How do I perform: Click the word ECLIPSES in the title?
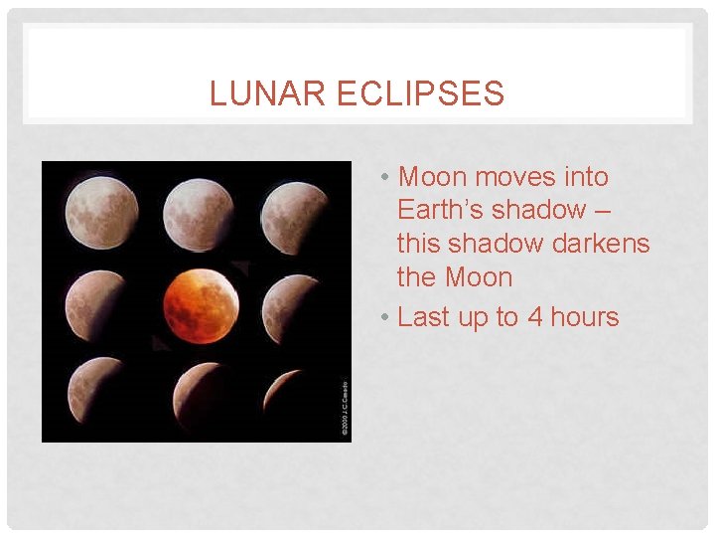421,94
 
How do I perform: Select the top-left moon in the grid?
101,212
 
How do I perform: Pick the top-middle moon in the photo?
199,212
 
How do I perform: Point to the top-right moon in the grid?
297,212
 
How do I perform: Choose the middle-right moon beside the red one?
297,305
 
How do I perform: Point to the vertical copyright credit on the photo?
345,409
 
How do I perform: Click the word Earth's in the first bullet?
441,210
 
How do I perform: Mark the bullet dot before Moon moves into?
383,178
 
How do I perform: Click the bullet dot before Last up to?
383,318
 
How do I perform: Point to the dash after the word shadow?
604,211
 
